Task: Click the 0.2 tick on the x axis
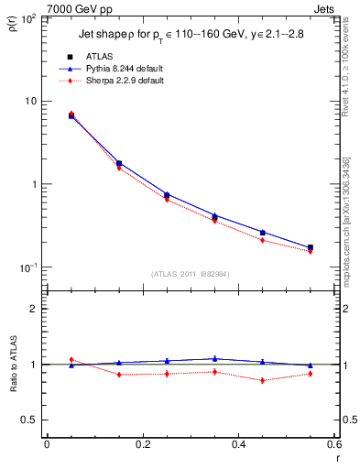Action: tap(142, 445)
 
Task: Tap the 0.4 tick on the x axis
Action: tap(238, 445)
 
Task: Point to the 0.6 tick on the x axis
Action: tap(334, 445)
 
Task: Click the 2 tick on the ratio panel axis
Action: tap(37, 310)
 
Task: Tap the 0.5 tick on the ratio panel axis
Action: tap(32, 420)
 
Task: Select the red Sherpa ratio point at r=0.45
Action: tap(262, 380)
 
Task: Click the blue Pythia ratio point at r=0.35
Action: tap(214, 359)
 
